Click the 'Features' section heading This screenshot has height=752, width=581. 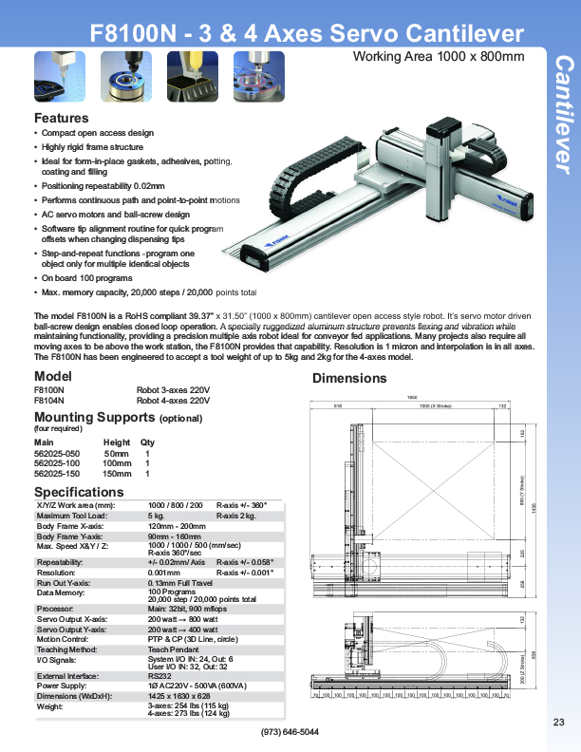pos(62,119)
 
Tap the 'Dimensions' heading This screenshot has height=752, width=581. pos(349,378)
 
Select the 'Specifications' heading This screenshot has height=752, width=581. pos(79,492)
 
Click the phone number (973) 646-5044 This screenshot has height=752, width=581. pos(290,732)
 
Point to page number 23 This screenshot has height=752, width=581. pos(558,724)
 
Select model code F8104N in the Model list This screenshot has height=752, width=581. pos(49,401)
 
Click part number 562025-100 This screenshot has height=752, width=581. pos(55,463)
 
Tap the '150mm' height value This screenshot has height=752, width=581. pos(117,473)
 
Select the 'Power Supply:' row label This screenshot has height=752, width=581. pos(64,685)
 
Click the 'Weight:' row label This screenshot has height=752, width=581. pos(49,706)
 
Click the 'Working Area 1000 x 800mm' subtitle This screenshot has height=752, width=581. pos(439,56)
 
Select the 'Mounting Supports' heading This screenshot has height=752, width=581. pos(94,417)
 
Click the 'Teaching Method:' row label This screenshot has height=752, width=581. pos(70,650)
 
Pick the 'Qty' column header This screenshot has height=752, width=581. pos(147,442)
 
